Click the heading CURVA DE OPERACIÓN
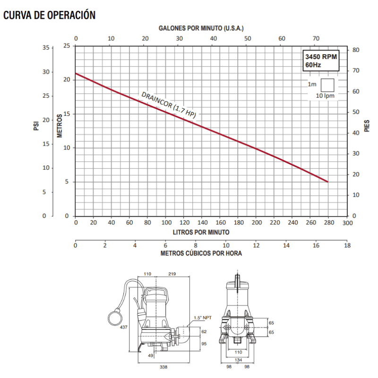click(x=50, y=15)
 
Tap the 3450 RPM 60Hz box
click(x=321, y=61)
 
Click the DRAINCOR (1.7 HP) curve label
click(x=169, y=104)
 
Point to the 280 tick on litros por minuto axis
click(x=329, y=222)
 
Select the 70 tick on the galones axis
click(x=316, y=39)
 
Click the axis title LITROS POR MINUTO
click(x=201, y=232)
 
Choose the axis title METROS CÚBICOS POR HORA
click(x=201, y=253)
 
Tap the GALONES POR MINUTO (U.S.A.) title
click(x=201, y=28)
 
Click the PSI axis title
click(x=36, y=126)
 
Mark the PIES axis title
click(x=367, y=126)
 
